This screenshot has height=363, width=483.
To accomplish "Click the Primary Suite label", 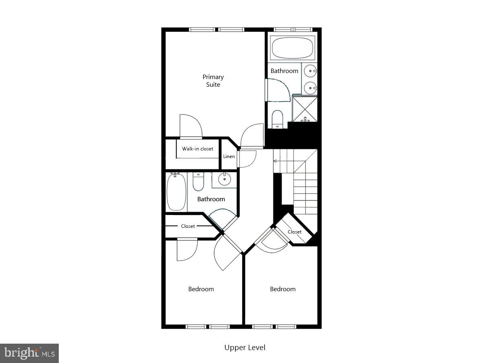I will coord(213,81).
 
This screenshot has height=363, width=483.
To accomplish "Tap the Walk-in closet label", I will coord(197,149).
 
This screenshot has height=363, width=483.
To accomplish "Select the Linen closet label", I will coord(229,156).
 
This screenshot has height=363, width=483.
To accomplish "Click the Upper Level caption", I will coord(245,347).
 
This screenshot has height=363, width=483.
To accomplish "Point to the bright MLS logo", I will coord(29,353).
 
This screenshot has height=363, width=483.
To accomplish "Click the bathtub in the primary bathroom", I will coord(292,48).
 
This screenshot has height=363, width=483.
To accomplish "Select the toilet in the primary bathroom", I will coord(277,119).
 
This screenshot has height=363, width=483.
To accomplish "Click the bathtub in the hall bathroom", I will coord(176,192).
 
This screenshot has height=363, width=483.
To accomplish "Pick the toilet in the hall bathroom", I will coord(198,182).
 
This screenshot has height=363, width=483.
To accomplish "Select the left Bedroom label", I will coord(201,289).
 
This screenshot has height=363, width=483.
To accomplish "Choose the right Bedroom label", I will coord(283,289).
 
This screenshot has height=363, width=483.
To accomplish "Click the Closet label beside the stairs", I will coord(295,232).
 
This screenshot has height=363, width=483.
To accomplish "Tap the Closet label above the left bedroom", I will coord(188,226).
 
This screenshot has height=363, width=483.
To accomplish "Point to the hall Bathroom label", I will coord(211,199).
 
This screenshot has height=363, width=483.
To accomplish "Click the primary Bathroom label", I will coord(284,71).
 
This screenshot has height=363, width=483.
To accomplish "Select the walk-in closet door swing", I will coord(190,127).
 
